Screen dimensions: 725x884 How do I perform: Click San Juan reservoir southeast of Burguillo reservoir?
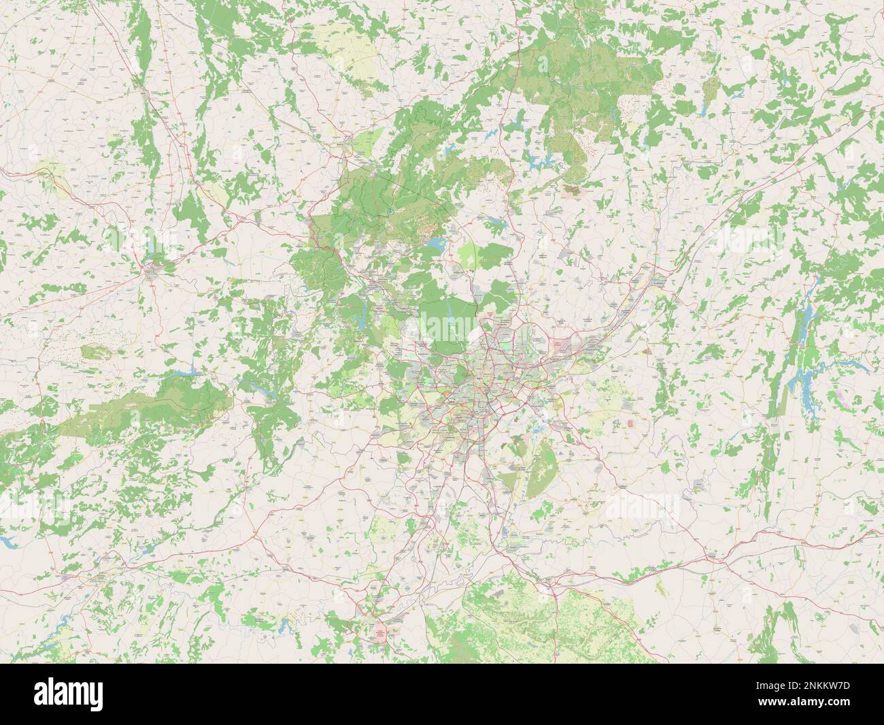(x=260, y=390)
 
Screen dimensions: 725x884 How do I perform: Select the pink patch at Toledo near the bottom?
(x=379, y=634)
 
